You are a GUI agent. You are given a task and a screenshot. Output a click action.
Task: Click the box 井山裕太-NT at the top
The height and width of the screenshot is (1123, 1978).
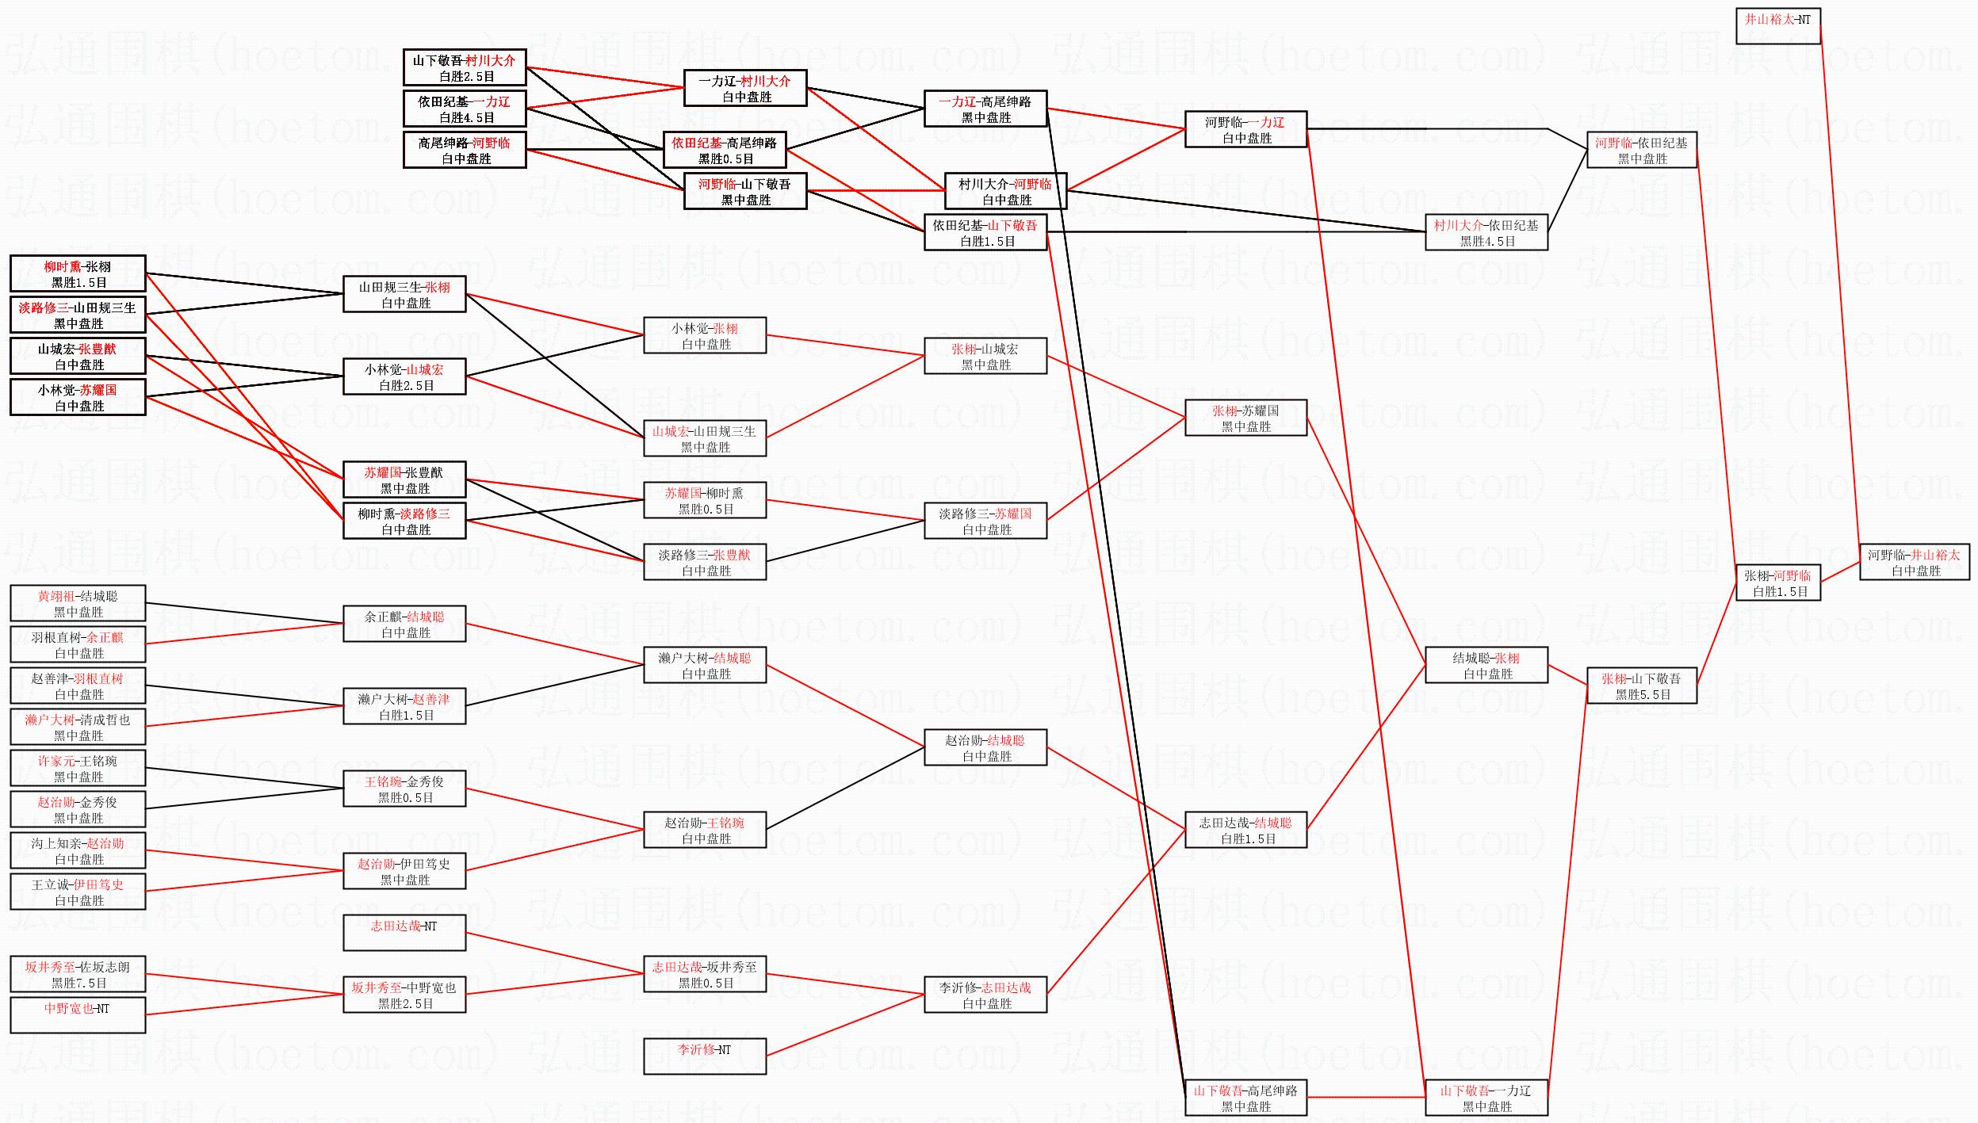pyautogui.click(x=1777, y=26)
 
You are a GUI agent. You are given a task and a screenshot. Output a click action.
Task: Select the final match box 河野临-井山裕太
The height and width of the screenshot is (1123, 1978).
pyautogui.click(x=1914, y=562)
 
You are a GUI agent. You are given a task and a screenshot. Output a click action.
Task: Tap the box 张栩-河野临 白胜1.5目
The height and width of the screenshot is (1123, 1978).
pyautogui.click(x=1777, y=583)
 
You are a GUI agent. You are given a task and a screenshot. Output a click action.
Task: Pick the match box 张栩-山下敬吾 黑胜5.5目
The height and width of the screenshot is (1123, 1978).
pyautogui.click(x=1641, y=686)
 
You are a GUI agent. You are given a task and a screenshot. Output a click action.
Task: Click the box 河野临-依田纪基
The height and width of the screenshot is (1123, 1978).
pyautogui.click(x=1641, y=150)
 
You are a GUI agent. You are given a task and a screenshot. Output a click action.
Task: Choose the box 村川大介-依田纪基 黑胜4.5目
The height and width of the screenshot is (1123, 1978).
pyautogui.click(x=1486, y=232)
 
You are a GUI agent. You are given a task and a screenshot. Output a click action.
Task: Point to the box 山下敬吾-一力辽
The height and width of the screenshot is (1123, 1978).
pyautogui.click(x=1486, y=1098)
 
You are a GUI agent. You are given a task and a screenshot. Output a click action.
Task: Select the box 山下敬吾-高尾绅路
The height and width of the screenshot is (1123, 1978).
pyautogui.click(x=1245, y=1098)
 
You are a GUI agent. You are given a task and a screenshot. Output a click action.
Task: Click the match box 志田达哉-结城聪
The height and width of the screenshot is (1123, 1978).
pyautogui.click(x=1245, y=830)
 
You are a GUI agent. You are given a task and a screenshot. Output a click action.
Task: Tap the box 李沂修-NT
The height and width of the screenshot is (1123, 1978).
pyautogui.click(x=705, y=1056)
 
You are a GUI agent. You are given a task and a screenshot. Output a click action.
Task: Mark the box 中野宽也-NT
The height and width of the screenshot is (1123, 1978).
pyautogui.click(x=78, y=1015)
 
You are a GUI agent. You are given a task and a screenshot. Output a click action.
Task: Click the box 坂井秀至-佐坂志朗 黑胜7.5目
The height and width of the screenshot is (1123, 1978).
pyautogui.click(x=78, y=974)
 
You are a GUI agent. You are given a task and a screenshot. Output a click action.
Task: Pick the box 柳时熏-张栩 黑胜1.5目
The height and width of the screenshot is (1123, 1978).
pyautogui.click(x=78, y=273)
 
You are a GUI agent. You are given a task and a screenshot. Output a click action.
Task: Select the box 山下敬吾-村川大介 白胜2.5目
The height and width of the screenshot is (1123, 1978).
pyautogui.click(x=465, y=67)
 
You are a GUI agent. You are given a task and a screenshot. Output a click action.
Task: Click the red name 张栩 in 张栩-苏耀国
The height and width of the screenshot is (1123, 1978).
pyautogui.click(x=1224, y=411)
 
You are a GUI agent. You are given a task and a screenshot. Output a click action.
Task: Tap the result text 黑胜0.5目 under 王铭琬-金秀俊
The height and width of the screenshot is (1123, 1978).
pyautogui.click(x=405, y=797)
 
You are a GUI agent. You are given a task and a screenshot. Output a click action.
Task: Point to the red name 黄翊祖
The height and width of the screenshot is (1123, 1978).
pyautogui.click(x=55, y=596)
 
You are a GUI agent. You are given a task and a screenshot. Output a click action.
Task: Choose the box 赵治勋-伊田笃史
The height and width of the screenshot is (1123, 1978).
pyautogui.click(x=404, y=871)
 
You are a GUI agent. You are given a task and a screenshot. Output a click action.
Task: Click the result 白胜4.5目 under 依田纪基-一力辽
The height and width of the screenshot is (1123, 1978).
pyautogui.click(x=466, y=117)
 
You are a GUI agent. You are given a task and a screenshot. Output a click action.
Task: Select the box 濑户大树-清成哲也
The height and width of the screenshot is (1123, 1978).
pyautogui.click(x=78, y=727)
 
